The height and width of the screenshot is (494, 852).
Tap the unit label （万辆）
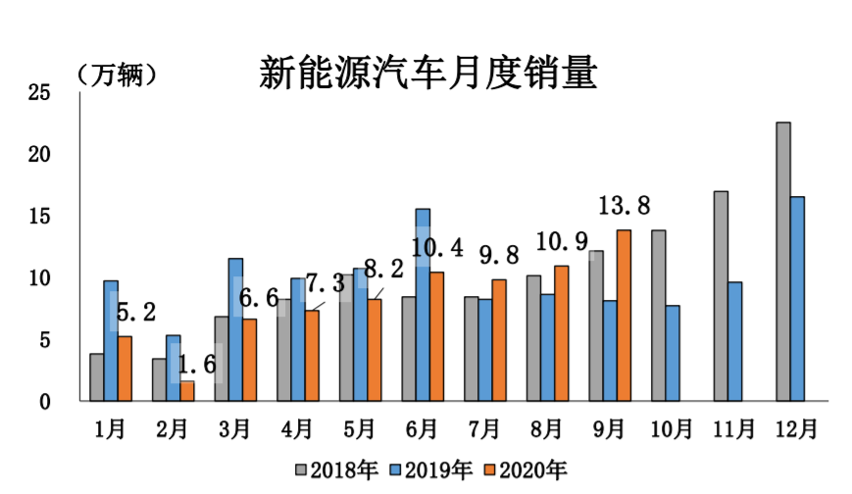pyautogui.click(x=117, y=74)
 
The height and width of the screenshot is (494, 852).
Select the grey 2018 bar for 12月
pyautogui.click(x=783, y=262)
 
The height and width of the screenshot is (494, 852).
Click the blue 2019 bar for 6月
pyautogui.click(x=423, y=305)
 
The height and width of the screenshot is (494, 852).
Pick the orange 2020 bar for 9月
pyautogui.click(x=624, y=316)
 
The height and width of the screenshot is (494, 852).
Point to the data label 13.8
pyautogui.click(x=625, y=206)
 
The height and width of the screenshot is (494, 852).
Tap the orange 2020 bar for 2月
pyautogui.click(x=187, y=391)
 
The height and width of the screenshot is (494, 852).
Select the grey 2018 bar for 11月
pyautogui.click(x=721, y=296)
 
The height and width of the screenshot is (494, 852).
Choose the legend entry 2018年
pyautogui.click(x=336, y=469)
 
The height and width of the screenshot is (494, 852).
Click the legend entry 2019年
pyautogui.click(x=431, y=469)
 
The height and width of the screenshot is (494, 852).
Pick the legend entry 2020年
pyautogui.click(x=526, y=469)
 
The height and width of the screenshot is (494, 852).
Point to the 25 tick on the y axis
pyautogui.click(x=40, y=93)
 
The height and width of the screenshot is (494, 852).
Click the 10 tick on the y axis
pyautogui.click(x=40, y=278)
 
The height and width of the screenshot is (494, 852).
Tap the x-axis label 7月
pyautogui.click(x=484, y=428)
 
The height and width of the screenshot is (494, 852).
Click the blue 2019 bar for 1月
pyautogui.click(x=111, y=341)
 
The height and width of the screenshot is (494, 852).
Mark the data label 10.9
pyautogui.click(x=562, y=241)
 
